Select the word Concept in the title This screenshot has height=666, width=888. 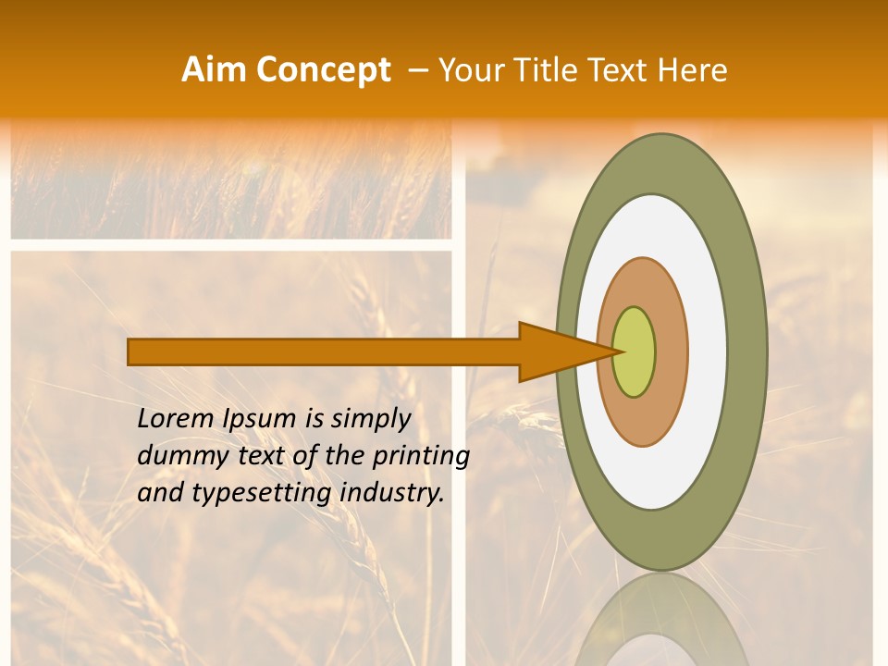323,70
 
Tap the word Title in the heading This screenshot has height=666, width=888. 545,70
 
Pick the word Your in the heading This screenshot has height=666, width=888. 470,70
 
